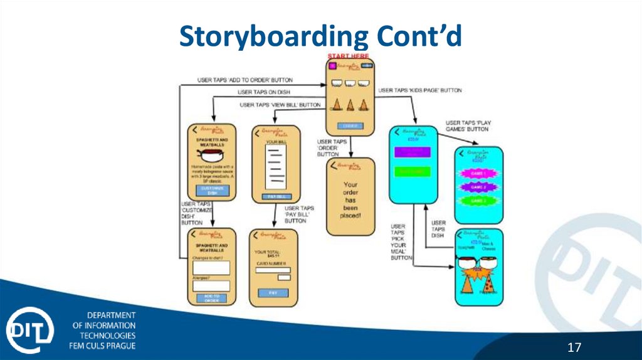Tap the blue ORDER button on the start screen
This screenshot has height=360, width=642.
coord(350,125)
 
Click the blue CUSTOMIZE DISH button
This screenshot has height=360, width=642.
coord(212,190)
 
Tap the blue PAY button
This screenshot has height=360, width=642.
coord(273,292)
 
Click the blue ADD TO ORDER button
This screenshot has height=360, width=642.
coord(211,297)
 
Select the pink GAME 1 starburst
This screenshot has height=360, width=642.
coord(478,173)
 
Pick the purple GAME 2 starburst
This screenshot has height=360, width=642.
coord(478,187)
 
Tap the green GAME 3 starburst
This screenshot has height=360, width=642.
coord(478,201)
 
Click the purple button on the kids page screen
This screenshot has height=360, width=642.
coord(411,152)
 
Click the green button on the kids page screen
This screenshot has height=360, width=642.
coord(411,171)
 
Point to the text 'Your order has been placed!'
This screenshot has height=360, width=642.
coord(350,199)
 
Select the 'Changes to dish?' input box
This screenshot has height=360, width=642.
coord(211,268)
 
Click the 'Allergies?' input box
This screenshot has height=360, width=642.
coord(211,285)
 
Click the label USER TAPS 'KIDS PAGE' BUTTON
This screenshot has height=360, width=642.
coord(419,90)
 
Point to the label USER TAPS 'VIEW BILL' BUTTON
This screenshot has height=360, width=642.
coord(280,105)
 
